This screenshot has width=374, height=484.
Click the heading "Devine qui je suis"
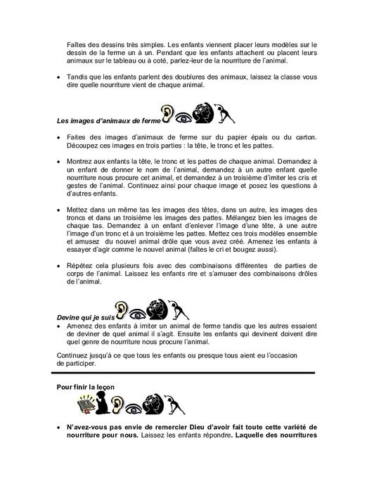click(82, 317)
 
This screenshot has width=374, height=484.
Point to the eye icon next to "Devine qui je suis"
click(137, 310)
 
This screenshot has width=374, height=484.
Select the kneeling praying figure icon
click(106, 405)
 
